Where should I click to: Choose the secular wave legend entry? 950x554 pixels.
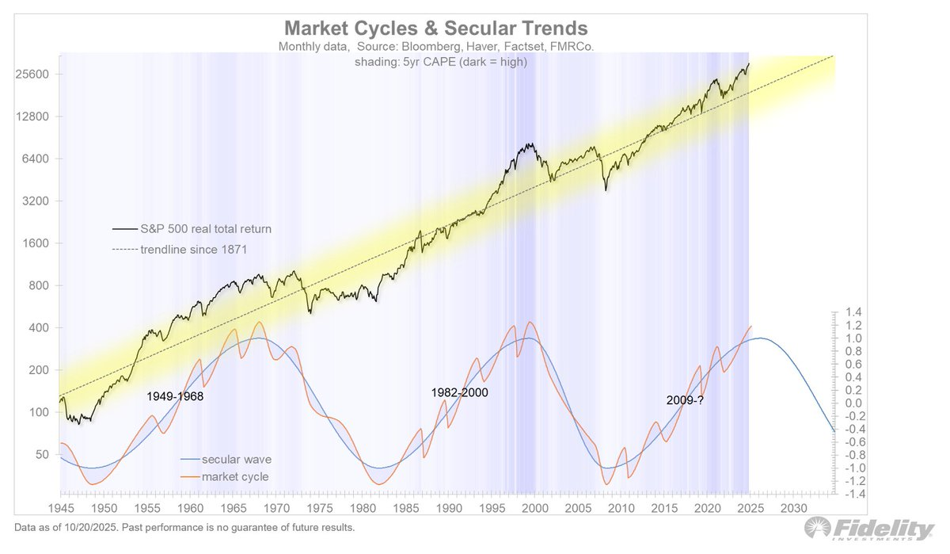pyautogui.click(x=237, y=459)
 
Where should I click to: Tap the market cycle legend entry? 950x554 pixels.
pyautogui.click(x=235, y=476)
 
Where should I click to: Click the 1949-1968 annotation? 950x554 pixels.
pyautogui.click(x=175, y=396)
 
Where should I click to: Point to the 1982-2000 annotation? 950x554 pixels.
pyautogui.click(x=459, y=392)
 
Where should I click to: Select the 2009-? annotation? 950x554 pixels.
pyautogui.click(x=684, y=400)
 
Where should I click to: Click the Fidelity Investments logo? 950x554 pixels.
pyautogui.click(x=868, y=530)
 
